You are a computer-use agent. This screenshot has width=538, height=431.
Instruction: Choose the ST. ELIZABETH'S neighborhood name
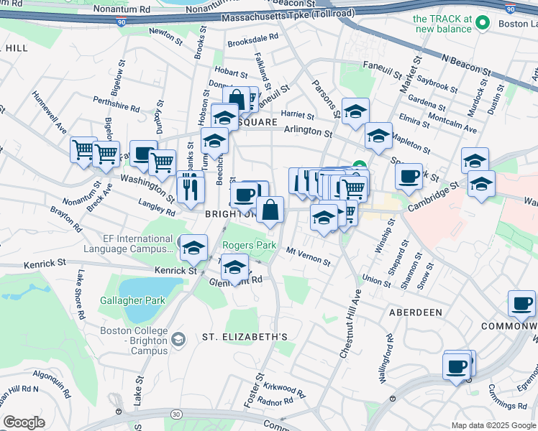pos(245,336)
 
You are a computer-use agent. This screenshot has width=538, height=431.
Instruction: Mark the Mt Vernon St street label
pos(308,256)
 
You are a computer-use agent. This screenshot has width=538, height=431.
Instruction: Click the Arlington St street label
pos(308,132)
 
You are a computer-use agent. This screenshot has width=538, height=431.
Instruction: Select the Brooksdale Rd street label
pos(252,40)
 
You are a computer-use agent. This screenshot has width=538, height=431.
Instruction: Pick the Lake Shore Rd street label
pos(78,295)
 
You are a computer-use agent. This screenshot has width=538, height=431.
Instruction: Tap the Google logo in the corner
pos(24,422)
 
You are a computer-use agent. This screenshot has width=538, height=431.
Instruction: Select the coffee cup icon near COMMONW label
pos(521,303)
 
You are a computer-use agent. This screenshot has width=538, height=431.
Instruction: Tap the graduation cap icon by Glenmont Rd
pos(234,269)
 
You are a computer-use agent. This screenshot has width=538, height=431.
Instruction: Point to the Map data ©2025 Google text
pos(493,425)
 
